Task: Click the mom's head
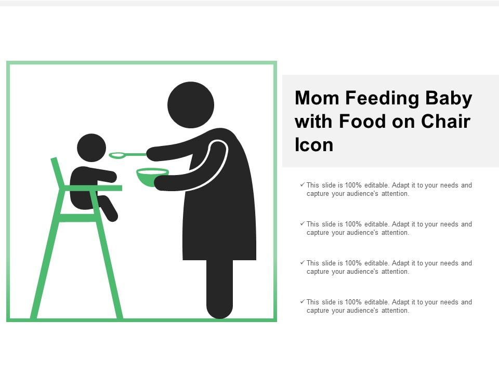click(191, 104)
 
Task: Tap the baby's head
click(91, 148)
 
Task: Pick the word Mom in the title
click(314, 98)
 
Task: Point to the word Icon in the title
click(314, 145)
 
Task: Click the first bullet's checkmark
click(302, 184)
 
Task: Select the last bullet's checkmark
click(302, 301)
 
